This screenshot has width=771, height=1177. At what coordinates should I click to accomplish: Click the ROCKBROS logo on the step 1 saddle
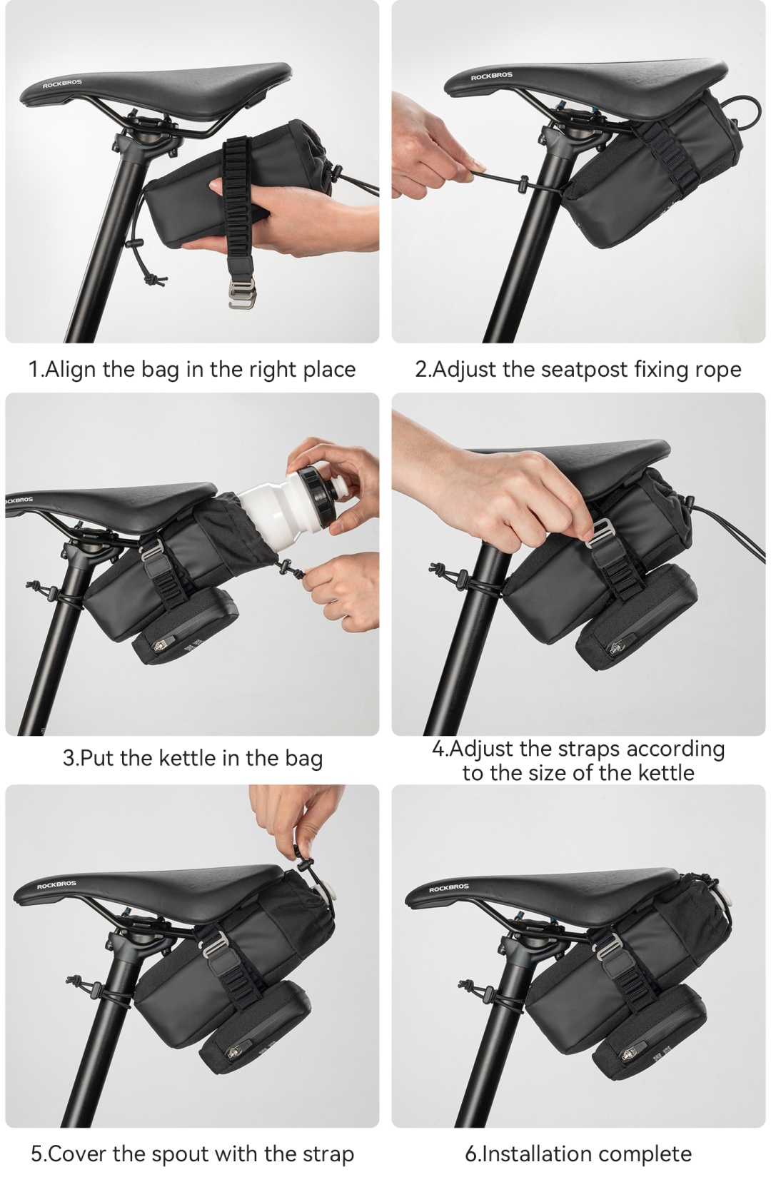click(62, 84)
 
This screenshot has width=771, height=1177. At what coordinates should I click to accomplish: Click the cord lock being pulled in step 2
click(523, 184)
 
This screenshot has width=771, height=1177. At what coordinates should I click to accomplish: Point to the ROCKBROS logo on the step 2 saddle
click(491, 76)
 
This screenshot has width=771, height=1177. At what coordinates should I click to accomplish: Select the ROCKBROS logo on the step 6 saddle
click(449, 887)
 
